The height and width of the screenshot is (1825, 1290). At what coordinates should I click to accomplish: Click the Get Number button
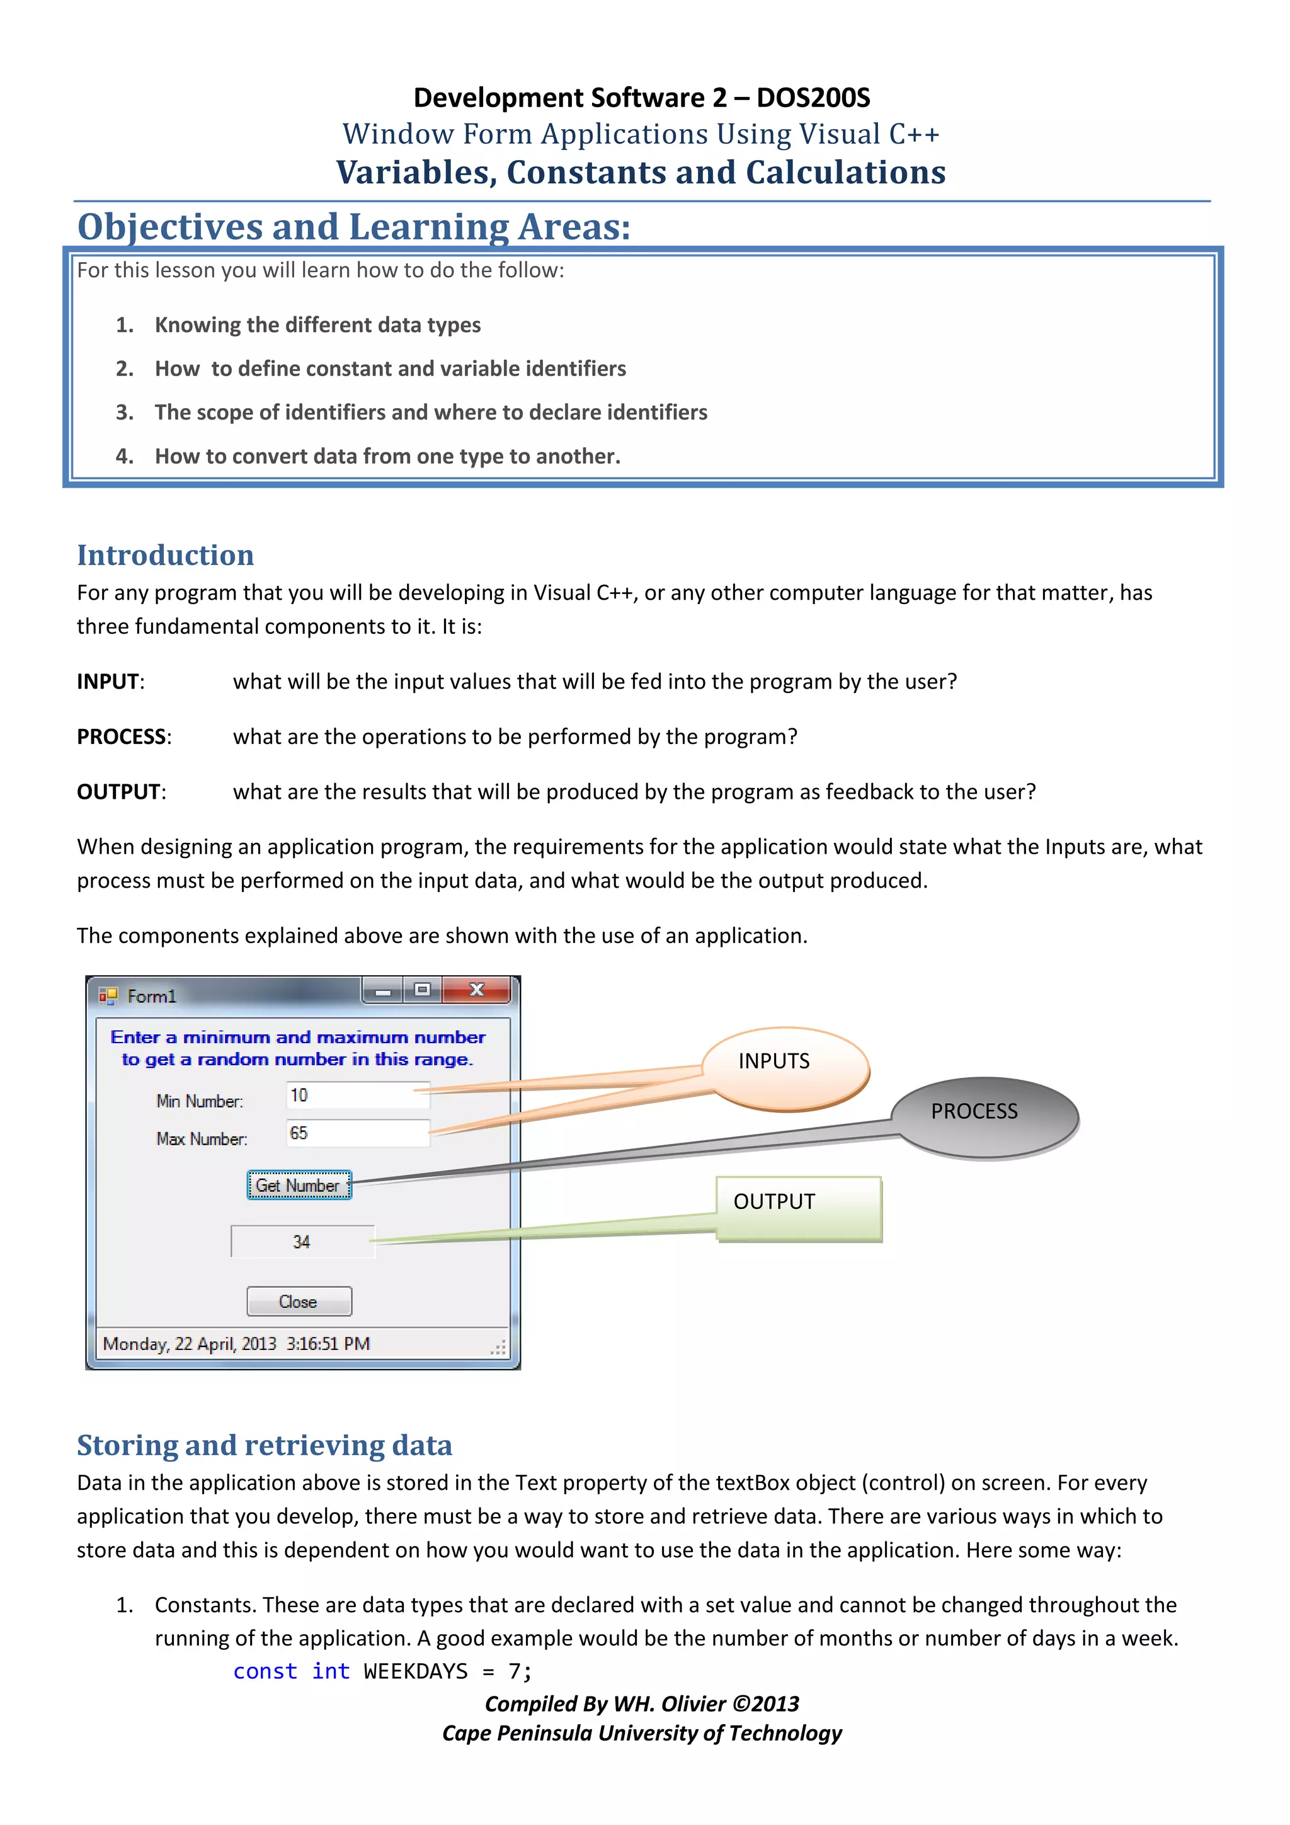[298, 1185]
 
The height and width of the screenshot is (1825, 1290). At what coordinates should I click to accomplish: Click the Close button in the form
[299, 1302]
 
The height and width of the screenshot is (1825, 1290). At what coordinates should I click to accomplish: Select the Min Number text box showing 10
[357, 1096]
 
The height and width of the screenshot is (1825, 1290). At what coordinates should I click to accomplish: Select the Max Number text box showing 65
[357, 1133]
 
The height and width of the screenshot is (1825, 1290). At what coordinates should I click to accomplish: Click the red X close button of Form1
[476, 990]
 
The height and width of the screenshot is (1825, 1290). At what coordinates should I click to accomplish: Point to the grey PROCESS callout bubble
[984, 1114]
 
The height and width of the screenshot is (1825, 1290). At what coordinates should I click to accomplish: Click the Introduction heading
[165, 555]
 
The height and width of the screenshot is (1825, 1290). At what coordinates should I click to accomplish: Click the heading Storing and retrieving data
[264, 1445]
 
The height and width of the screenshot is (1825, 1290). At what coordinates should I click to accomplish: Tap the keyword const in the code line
[265, 1671]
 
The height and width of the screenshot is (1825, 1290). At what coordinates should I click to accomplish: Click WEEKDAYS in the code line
[415, 1671]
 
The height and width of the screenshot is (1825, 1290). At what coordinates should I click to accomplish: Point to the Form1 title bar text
[152, 996]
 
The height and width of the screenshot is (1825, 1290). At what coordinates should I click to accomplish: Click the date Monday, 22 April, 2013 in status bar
[189, 1343]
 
